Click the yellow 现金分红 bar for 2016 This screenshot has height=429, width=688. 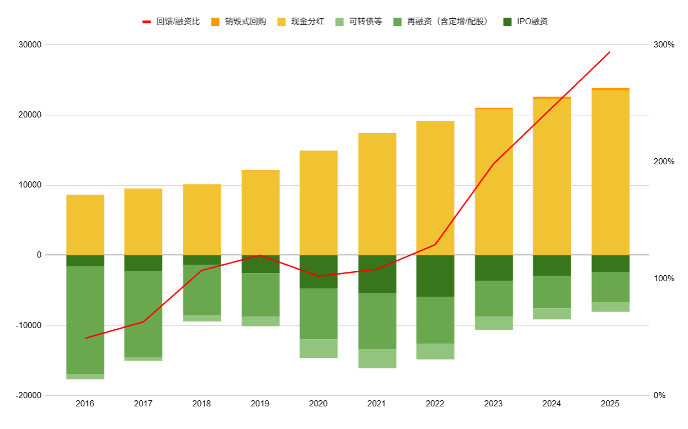(85, 225)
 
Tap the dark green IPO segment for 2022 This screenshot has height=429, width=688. (435, 276)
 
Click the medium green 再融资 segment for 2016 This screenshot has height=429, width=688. (85, 320)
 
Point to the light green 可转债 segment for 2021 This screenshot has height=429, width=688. (377, 358)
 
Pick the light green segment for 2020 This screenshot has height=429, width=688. (318, 348)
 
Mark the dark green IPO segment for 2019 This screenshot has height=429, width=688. (260, 264)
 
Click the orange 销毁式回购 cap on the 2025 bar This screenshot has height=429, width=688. (610, 89)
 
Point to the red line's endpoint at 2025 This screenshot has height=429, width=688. (610, 52)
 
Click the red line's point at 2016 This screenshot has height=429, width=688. (85, 338)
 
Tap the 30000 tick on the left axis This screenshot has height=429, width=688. (32, 45)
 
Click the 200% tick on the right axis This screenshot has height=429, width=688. (664, 162)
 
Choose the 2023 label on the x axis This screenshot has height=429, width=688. (493, 404)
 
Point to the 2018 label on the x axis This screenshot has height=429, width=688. (201, 404)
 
